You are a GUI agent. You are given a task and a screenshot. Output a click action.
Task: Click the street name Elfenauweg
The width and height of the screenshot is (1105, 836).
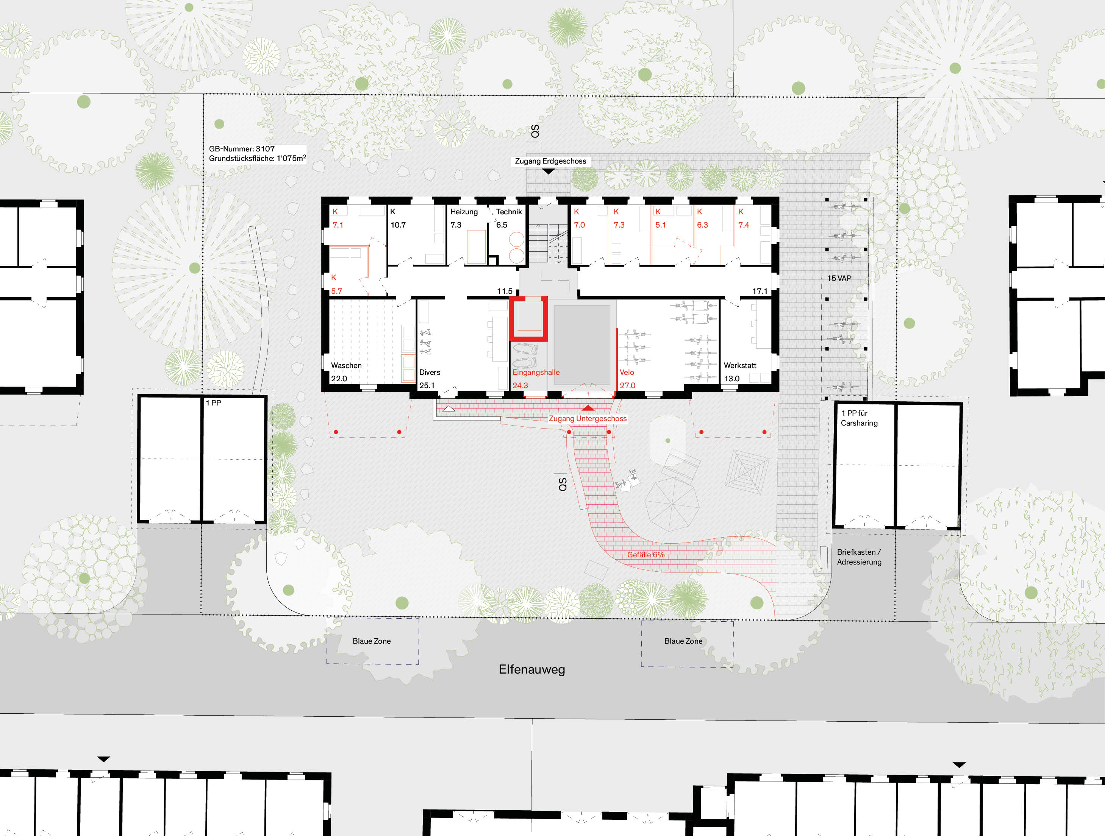(531, 669)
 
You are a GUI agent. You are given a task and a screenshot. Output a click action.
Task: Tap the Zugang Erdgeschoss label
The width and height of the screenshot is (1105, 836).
(550, 161)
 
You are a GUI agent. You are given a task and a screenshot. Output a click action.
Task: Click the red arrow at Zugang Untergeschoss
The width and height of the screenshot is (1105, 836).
(588, 408)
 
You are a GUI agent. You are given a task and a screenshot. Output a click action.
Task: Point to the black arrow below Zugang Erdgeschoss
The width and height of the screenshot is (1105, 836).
(548, 171)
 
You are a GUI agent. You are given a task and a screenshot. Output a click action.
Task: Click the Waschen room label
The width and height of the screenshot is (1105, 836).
(346, 365)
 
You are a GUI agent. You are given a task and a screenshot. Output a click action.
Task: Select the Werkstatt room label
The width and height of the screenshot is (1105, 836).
(739, 365)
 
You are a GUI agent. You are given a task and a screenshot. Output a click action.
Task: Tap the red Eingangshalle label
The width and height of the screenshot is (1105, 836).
(536, 372)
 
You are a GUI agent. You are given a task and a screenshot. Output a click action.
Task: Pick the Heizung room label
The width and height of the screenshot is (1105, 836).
(464, 212)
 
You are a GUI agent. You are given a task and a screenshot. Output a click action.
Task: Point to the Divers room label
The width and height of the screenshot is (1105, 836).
(430, 372)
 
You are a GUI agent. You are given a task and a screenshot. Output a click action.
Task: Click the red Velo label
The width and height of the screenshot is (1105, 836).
(627, 372)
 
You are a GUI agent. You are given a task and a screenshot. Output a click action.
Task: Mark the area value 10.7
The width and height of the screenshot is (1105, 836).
(398, 225)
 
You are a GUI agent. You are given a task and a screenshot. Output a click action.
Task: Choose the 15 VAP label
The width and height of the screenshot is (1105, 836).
(839, 278)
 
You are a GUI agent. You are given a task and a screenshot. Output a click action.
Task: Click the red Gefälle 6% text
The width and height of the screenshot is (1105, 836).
(645, 554)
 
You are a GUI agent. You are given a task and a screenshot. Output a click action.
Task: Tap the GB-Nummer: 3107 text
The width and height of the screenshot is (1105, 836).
(242, 149)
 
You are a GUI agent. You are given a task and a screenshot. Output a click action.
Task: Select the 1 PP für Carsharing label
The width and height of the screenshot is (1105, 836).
(859, 418)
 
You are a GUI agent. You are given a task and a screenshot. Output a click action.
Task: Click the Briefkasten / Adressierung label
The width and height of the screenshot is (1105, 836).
(859, 557)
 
